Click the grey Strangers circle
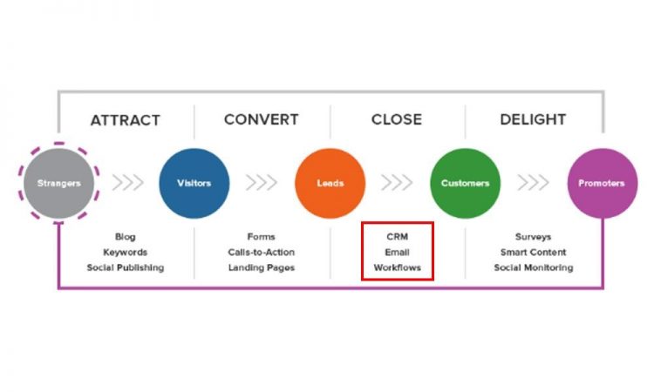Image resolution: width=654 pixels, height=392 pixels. [x=58, y=183]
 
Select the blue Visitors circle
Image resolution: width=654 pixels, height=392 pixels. [x=194, y=183]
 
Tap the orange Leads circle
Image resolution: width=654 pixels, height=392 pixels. [x=330, y=183]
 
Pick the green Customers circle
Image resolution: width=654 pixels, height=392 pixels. [x=465, y=183]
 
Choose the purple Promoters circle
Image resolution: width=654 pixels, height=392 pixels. [x=602, y=183]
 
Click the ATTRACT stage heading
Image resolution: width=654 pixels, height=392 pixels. [x=126, y=120]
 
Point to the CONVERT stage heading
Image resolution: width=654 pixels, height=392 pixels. [x=261, y=119]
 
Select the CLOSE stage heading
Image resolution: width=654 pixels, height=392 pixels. [x=397, y=119]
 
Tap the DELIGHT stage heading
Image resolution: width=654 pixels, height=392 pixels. [x=533, y=119]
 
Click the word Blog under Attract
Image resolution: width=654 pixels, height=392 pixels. [x=126, y=236]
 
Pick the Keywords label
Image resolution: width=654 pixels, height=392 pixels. [x=126, y=252]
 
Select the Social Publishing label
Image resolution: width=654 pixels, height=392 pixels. [x=126, y=267]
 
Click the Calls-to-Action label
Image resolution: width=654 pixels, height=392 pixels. [x=262, y=252]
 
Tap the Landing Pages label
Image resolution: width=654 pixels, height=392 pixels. [x=262, y=267]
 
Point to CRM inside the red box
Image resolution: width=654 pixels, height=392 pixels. [x=397, y=236]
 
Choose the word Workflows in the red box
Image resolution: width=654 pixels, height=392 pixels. [x=397, y=267]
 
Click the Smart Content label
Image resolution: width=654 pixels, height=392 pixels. [x=533, y=252]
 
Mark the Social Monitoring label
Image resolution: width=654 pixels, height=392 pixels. [x=533, y=267]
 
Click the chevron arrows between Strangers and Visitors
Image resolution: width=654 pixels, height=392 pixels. [x=126, y=183]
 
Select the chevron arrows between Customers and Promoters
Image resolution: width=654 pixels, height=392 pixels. [x=534, y=183]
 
